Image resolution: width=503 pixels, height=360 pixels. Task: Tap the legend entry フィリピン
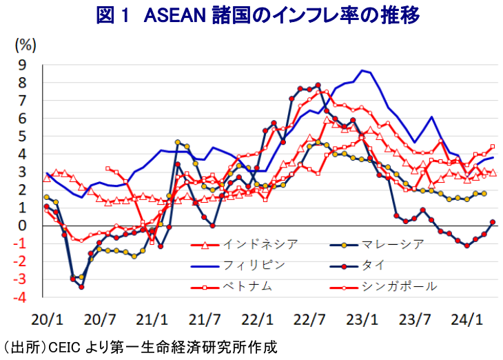point(254,264)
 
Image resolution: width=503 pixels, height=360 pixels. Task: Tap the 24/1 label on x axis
point(466,319)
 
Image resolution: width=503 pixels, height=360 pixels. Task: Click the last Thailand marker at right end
point(493,222)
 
